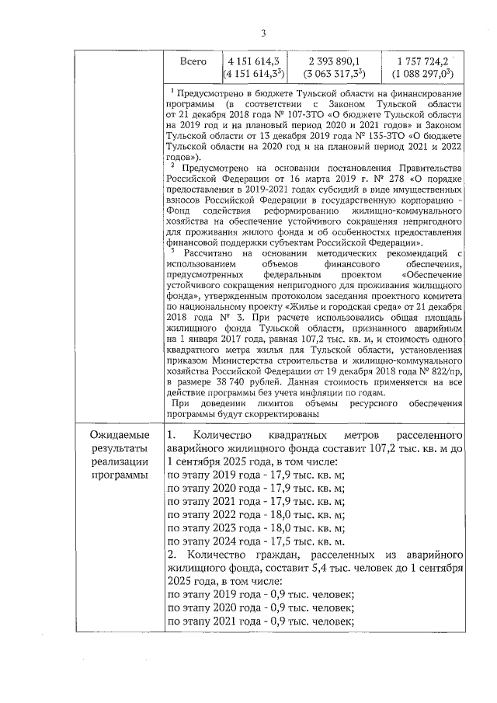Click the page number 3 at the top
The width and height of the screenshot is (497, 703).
[263, 33]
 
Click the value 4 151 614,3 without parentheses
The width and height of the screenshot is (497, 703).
[252, 61]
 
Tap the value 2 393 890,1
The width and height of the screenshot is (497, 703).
[334, 61]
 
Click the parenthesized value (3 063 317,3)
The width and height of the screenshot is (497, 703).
[334, 75]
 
